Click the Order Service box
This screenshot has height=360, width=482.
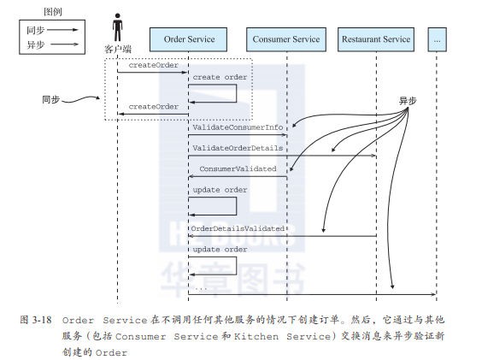pyautogui.click(x=188, y=39)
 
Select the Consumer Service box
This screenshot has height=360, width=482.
pyautogui.click(x=286, y=39)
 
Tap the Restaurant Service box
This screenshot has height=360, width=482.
pyautogui.click(x=376, y=39)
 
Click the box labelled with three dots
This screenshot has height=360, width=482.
pyautogui.click(x=437, y=39)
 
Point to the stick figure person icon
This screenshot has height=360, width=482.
pyautogui.click(x=117, y=27)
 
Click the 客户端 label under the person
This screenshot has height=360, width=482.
pyautogui.click(x=118, y=50)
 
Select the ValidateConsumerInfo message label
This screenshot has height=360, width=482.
pyautogui.click(x=238, y=127)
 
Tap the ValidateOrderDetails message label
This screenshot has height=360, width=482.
pyautogui.click(x=238, y=148)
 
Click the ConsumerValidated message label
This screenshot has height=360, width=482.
pyautogui.click(x=238, y=168)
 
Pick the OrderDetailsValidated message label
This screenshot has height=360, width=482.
pyautogui.click(x=238, y=228)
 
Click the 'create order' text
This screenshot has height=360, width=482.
pyautogui.click(x=220, y=77)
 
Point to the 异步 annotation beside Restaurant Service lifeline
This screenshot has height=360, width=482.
pyautogui.click(x=408, y=101)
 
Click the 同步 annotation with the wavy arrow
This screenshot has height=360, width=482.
pyautogui.click(x=50, y=100)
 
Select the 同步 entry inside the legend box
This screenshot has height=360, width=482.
pyautogui.click(x=35, y=30)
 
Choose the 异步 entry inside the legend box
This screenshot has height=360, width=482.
pyautogui.click(x=35, y=45)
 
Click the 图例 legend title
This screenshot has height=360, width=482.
pyautogui.click(x=53, y=12)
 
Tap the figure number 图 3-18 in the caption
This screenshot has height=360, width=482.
pyautogui.click(x=36, y=320)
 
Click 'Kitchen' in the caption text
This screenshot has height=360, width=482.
pyautogui.click(x=256, y=337)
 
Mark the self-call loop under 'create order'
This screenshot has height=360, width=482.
pyautogui.click(x=237, y=93)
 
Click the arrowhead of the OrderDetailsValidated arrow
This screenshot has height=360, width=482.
pyautogui.click(x=191, y=236)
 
